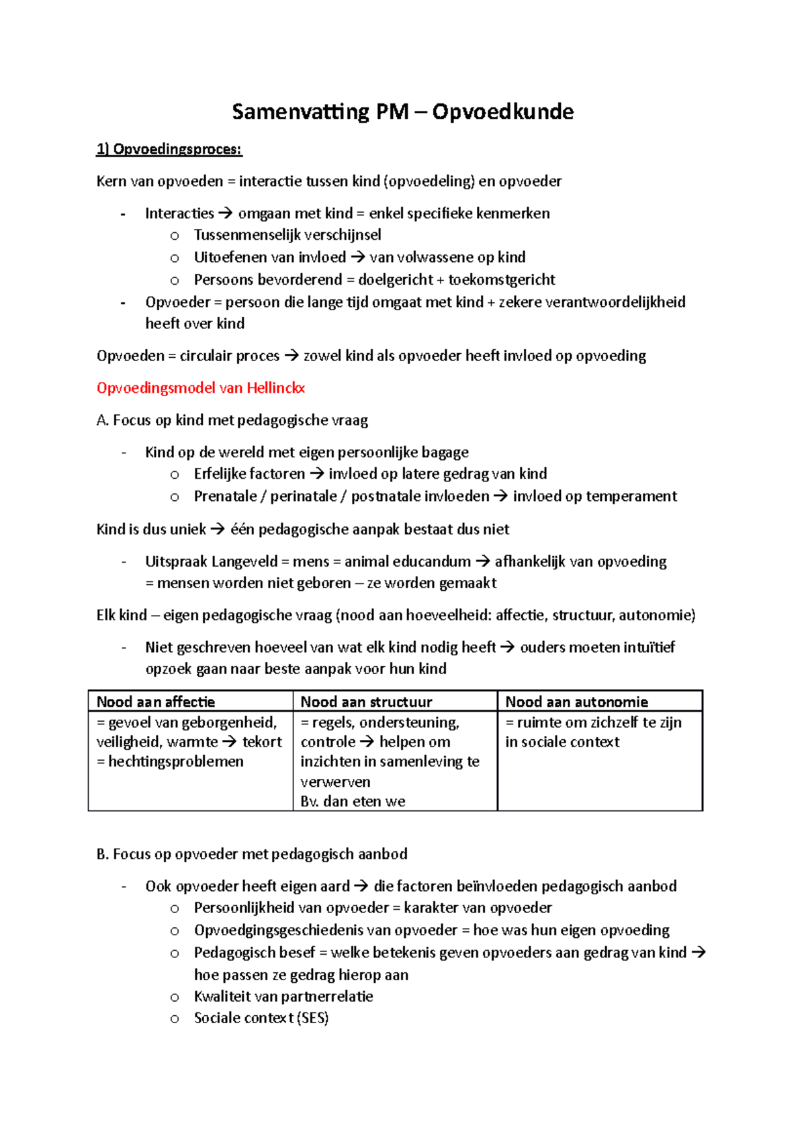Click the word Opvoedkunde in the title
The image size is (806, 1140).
click(502, 111)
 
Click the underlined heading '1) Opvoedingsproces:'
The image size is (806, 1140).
click(169, 149)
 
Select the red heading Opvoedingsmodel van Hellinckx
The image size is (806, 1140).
click(201, 388)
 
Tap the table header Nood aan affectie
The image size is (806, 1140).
click(156, 702)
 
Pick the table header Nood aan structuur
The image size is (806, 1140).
click(366, 702)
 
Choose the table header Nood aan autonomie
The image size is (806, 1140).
click(576, 702)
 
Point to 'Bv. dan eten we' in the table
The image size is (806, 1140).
click(353, 802)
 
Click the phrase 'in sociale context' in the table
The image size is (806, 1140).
click(562, 742)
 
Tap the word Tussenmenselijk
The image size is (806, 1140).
click(238, 235)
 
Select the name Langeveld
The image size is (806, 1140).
click(244, 562)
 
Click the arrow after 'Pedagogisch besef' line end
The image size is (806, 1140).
click(699, 953)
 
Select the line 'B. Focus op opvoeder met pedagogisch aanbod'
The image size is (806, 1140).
click(252, 854)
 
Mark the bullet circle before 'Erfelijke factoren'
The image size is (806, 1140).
click(175, 475)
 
